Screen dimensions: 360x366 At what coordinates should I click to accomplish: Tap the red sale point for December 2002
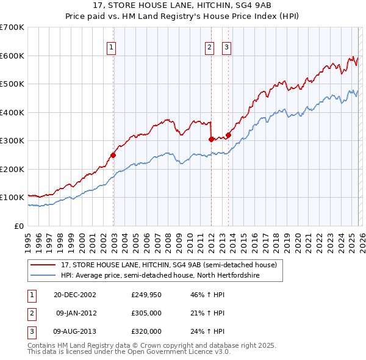click(113, 155)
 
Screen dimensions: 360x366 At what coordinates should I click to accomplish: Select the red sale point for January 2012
click(210, 139)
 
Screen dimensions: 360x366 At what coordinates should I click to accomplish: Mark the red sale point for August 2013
click(228, 135)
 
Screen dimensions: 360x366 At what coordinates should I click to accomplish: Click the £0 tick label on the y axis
click(19, 226)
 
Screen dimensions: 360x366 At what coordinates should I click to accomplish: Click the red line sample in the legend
click(43, 265)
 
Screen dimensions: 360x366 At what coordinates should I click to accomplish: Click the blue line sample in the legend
click(43, 275)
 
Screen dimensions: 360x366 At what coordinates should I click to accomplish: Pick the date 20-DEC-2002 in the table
click(74, 295)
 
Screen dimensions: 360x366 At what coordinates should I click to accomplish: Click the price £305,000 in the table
click(146, 313)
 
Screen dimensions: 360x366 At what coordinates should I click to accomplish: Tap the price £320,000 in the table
click(146, 331)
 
